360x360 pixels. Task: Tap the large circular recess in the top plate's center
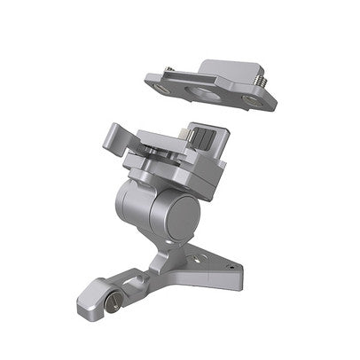coord(207,92)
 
